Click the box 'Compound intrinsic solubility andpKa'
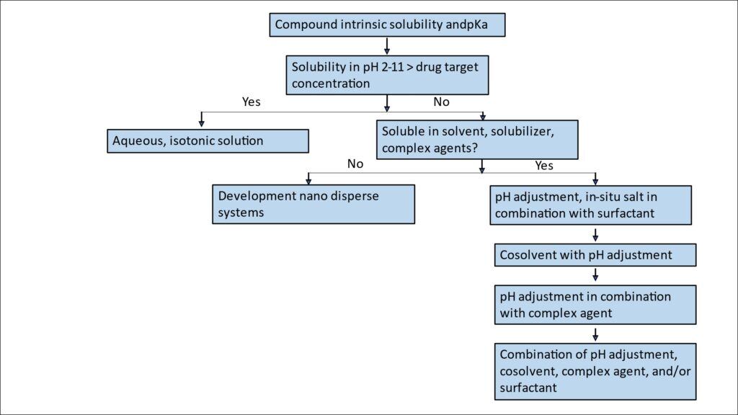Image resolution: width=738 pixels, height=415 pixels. coord(388,24)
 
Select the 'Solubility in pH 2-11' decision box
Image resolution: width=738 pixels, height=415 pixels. coord(388,75)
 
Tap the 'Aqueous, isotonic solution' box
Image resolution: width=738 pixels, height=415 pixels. coord(208,140)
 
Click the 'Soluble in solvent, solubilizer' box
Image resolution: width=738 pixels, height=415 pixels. coord(477,139)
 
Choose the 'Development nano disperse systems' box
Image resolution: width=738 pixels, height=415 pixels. coord(313,204)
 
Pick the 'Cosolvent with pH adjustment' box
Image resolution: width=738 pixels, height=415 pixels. coord(595,254)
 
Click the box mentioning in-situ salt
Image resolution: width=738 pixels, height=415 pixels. coord(592,205)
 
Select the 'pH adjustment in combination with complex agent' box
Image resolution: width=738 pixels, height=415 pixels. coord(595,305)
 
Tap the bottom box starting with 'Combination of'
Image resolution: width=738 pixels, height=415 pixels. coord(595,371)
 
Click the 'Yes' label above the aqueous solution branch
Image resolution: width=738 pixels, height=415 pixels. coord(251,102)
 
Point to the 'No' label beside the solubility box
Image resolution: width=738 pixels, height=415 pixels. coord(441,102)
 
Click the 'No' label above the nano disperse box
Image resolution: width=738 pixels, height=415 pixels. coord(355,164)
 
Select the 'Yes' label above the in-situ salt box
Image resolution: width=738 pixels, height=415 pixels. coord(544,166)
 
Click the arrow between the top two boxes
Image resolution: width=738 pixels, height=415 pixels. coord(388,45)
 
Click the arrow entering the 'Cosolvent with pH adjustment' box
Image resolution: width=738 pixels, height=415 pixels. coord(595,234)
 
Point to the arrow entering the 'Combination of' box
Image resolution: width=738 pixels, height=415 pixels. coord(595,334)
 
